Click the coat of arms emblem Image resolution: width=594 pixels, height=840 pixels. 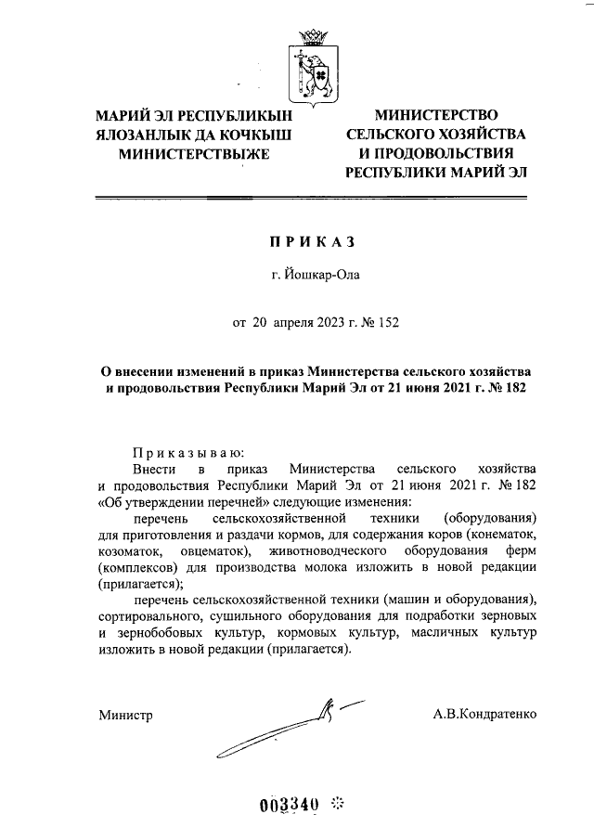pos(313,67)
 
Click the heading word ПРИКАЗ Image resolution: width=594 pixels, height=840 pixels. pos(313,241)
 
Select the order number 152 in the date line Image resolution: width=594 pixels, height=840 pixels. pos(389,323)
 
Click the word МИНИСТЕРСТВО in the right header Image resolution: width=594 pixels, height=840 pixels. pos(435,116)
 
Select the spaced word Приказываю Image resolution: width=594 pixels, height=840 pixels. pos(188,453)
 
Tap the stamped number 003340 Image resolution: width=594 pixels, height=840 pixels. pos(290,803)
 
